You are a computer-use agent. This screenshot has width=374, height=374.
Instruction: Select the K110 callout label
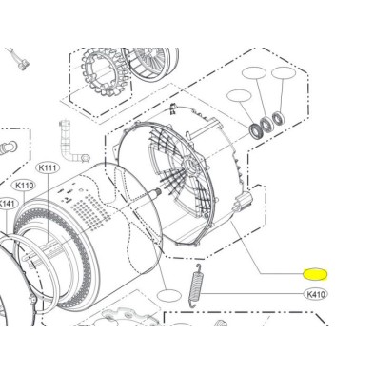click(x=24, y=186)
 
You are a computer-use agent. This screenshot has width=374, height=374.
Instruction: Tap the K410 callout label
click(x=316, y=294)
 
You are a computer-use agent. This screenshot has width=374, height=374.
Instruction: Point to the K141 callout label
click(x=7, y=204)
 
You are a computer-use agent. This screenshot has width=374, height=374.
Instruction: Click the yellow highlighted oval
click(x=315, y=274)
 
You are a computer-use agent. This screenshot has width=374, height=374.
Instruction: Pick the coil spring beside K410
click(x=194, y=285)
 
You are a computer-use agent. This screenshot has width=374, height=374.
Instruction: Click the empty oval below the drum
click(x=169, y=296)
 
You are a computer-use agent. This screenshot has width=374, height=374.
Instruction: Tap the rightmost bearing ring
click(x=279, y=119)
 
